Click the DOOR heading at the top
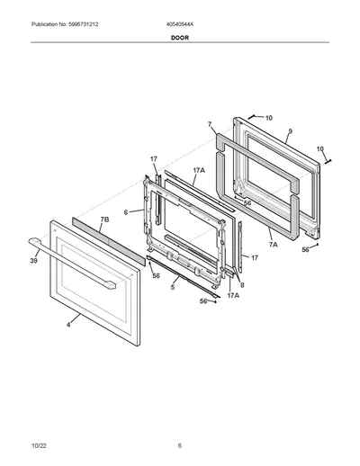coord(180,38)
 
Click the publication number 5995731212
coord(81,24)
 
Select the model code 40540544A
coord(180,24)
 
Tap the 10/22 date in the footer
coord(39,446)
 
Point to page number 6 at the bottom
coord(180,446)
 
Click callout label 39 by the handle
coord(33,261)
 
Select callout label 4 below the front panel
coord(68,325)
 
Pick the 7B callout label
coord(104,220)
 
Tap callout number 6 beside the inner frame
coord(126,212)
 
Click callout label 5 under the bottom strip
coord(173,287)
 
